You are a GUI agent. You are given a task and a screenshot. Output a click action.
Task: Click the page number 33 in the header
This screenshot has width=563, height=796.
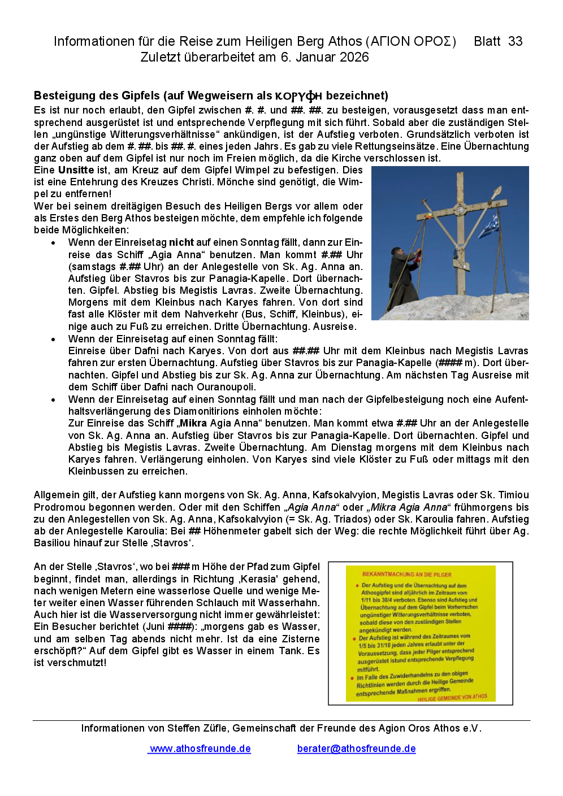[515, 41]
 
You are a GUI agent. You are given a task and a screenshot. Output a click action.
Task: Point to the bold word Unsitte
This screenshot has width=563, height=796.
[76, 170]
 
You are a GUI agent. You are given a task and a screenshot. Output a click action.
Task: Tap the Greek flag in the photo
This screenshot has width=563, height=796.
[490, 226]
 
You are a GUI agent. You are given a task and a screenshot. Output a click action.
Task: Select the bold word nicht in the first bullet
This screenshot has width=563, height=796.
[181, 242]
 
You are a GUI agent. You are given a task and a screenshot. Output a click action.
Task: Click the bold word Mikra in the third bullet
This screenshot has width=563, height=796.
[193, 423]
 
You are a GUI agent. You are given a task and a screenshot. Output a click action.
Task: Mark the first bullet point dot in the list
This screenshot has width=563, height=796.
[53, 243]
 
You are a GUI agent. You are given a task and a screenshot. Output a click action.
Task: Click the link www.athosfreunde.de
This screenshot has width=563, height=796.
[200, 749]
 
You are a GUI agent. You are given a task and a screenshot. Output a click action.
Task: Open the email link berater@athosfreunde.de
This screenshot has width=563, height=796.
[356, 749]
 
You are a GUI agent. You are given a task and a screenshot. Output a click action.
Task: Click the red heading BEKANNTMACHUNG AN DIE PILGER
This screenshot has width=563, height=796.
[406, 575]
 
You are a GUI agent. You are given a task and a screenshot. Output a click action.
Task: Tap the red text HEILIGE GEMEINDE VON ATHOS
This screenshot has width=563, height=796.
[452, 698]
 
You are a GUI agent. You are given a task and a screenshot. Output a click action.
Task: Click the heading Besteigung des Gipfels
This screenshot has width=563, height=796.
[97, 95]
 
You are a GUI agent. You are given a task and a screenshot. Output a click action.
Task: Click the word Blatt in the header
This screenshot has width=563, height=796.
[487, 41]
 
